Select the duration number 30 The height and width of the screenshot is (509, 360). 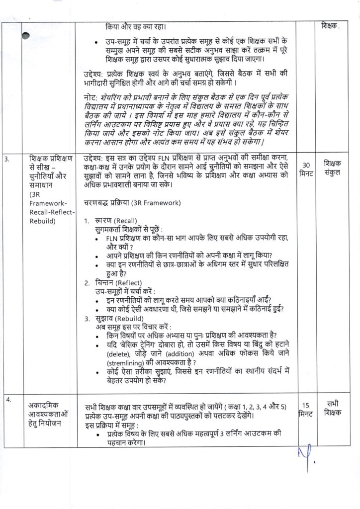(306, 165)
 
